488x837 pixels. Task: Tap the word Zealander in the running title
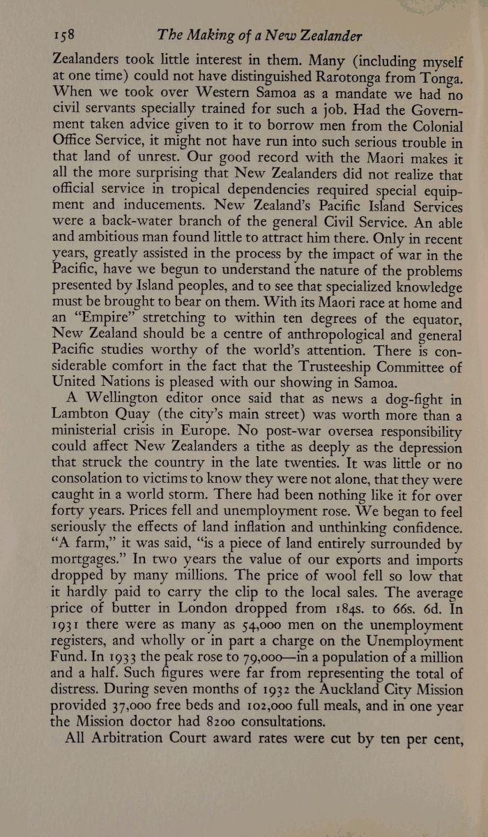click(x=319, y=36)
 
